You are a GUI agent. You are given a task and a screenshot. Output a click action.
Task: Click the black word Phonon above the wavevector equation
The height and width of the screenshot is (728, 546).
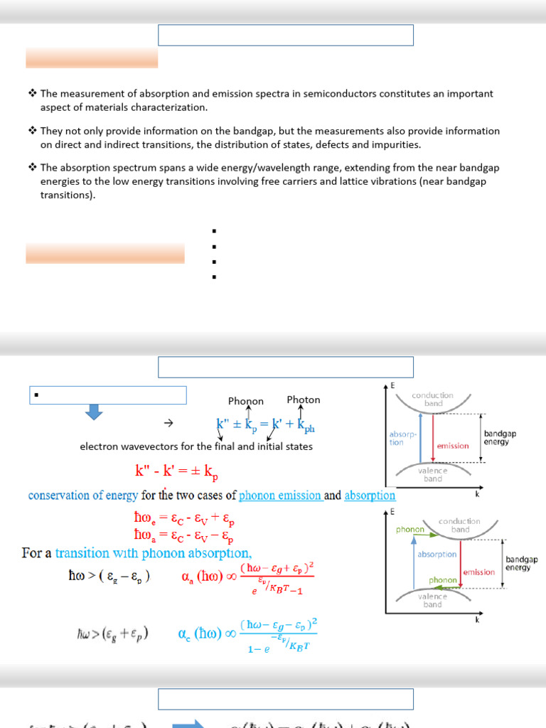click(x=246, y=401)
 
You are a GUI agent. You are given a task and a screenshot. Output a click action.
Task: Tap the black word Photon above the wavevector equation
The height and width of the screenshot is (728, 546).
click(x=303, y=400)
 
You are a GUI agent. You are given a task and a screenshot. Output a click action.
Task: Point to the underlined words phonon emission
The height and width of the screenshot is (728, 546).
click(x=280, y=496)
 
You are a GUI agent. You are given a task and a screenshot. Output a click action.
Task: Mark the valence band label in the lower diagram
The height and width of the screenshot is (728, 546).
click(x=432, y=600)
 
